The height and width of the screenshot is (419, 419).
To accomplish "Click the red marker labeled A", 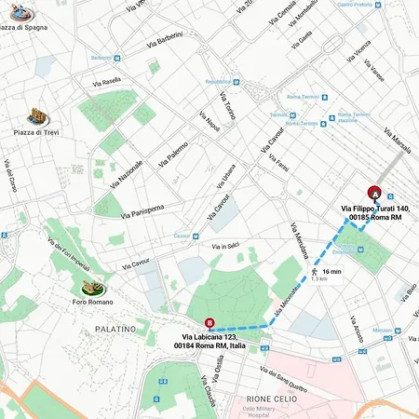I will click(x=374, y=193).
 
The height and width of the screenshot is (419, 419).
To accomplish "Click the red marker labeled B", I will click(x=209, y=325).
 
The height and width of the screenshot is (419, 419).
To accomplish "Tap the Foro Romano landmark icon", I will click(x=92, y=289).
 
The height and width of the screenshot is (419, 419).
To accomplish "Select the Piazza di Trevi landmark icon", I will click(x=38, y=117).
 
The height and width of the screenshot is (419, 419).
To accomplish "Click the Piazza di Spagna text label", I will click(x=24, y=27).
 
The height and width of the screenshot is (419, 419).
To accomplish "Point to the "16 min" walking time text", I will click(x=331, y=271).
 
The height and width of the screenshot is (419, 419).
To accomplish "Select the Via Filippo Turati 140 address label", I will click(x=371, y=212).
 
